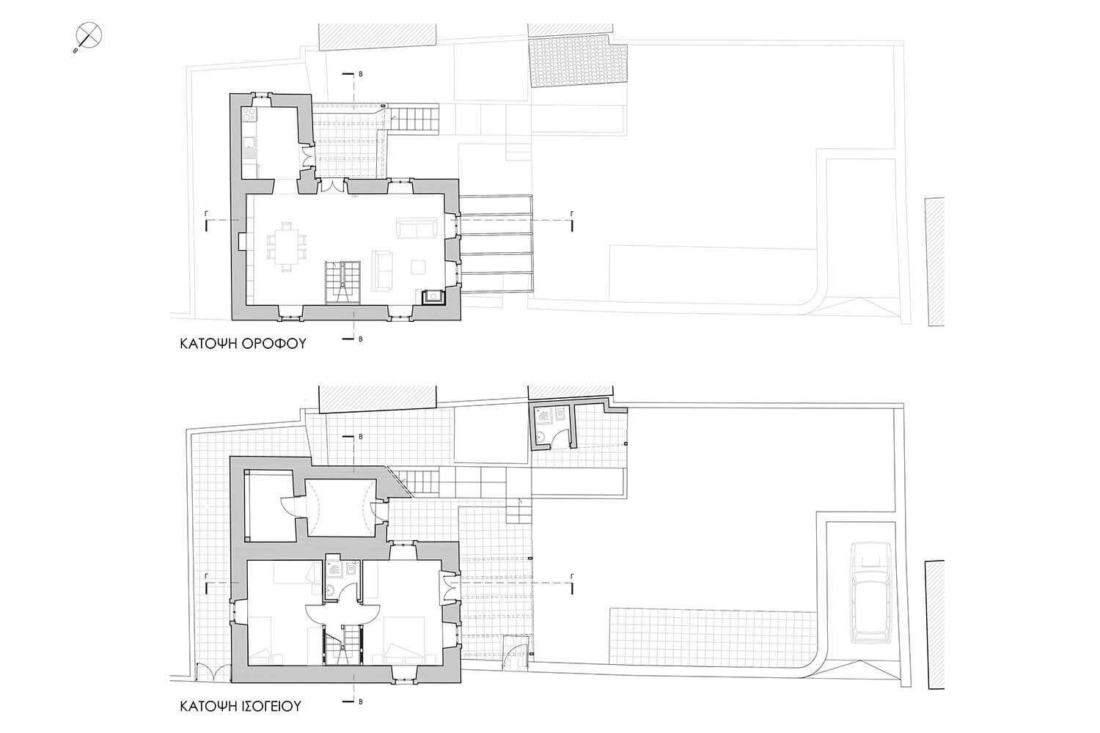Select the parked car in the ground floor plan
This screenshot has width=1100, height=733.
tap(872, 592)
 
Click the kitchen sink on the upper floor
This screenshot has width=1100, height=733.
tap(249, 144)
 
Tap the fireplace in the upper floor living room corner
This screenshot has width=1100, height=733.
tap(433, 297)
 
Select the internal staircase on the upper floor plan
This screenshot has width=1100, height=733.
tap(342, 282)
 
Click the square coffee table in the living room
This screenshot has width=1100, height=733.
tap(419, 267)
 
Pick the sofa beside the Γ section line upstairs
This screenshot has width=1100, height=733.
tap(417, 227)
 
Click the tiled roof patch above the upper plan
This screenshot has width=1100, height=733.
tap(578, 65)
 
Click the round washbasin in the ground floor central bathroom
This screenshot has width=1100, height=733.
tap(331, 591)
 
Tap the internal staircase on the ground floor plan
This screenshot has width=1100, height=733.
tap(342, 644)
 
